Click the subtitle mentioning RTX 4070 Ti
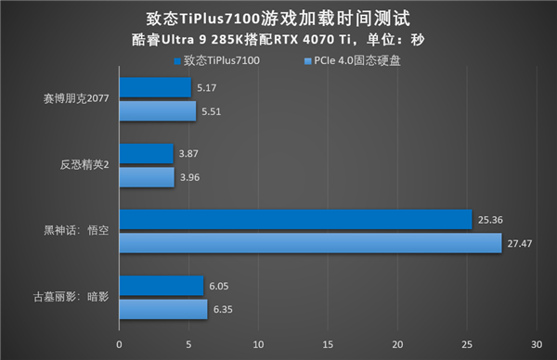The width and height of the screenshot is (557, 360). [278, 40]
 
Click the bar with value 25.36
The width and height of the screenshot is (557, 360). [294, 220]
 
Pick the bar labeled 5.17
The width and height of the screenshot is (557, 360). [154, 88]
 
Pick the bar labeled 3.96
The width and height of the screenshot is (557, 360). [146, 176]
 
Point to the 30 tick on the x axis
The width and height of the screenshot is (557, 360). [537, 344]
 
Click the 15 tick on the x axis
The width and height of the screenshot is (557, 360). [327, 344]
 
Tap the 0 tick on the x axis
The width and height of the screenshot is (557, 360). [119, 344]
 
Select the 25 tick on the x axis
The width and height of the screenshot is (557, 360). [466, 344]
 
